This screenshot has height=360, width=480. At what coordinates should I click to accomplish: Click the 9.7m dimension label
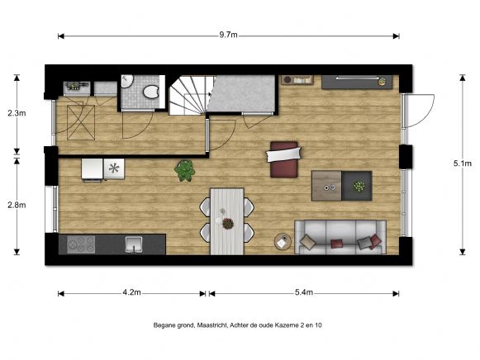click(229, 35)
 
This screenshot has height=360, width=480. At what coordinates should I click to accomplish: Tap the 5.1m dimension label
click(463, 163)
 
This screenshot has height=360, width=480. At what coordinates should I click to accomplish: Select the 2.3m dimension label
click(16, 113)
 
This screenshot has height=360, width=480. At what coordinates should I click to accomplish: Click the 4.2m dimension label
click(131, 293)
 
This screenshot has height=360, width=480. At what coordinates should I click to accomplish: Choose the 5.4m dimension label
click(304, 293)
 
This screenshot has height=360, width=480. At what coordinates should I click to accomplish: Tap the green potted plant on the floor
click(185, 171)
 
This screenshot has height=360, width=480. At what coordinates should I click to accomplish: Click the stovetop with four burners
click(80, 244)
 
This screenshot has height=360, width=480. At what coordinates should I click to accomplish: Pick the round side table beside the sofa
click(283, 242)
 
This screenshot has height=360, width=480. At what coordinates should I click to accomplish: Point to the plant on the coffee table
click(359, 186)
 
